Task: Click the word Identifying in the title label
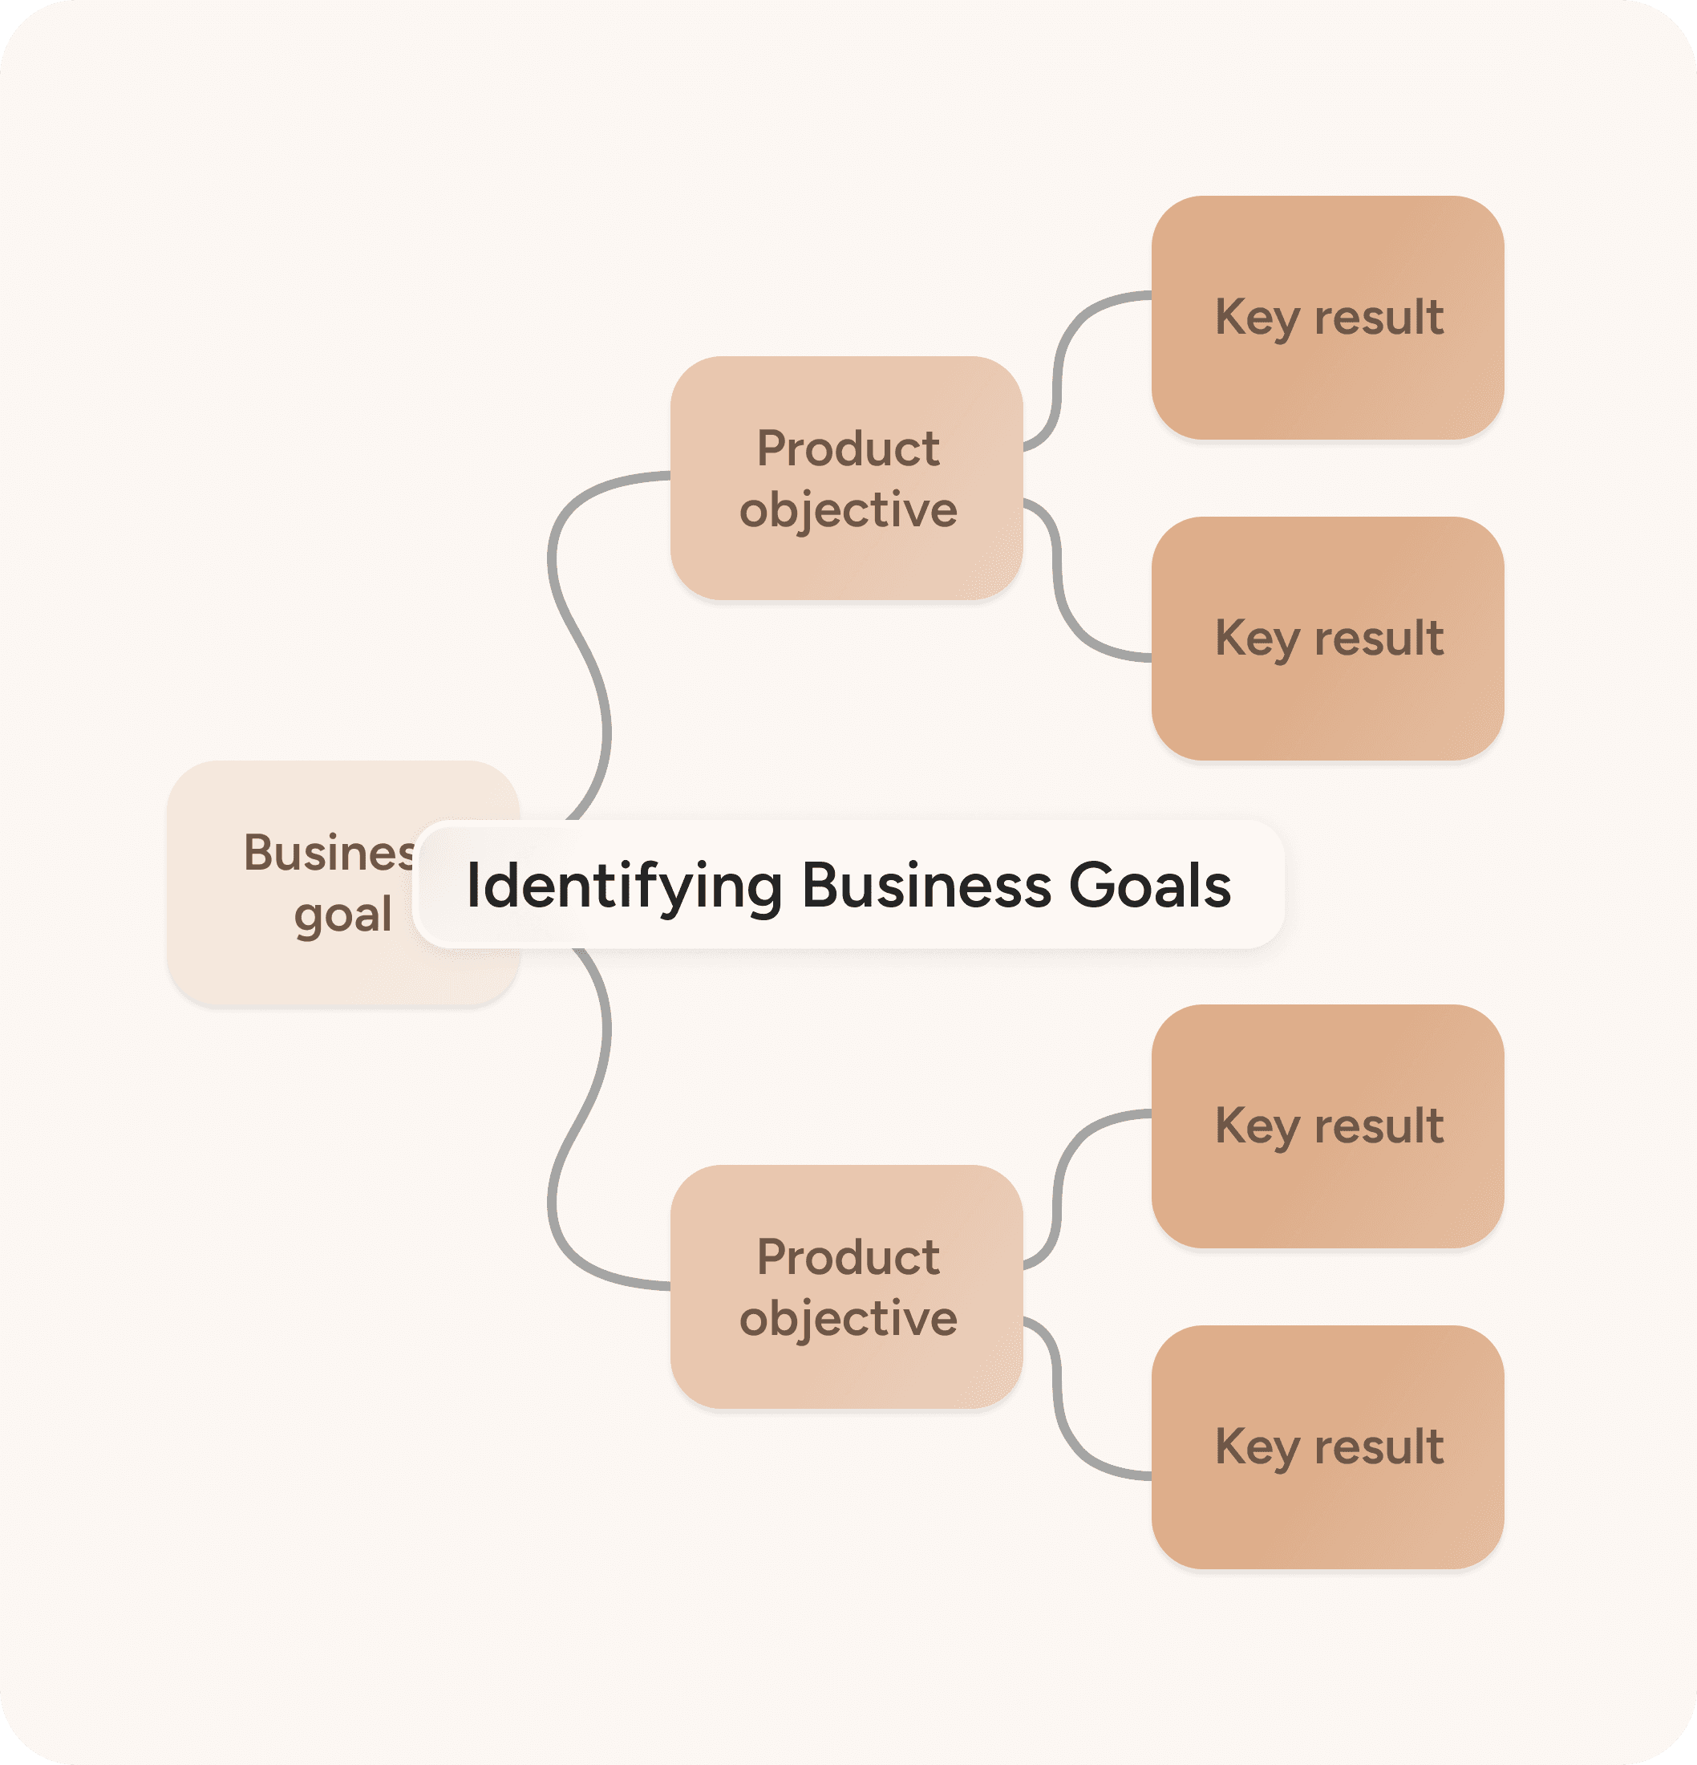coord(623,886)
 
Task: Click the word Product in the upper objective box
coord(848,448)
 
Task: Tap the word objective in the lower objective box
coord(848,1319)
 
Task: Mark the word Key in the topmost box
coord(1257,318)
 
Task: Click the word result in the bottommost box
coord(1379,1447)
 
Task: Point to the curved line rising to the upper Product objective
coord(576,631)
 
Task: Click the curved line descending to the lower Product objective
coord(576,1126)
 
